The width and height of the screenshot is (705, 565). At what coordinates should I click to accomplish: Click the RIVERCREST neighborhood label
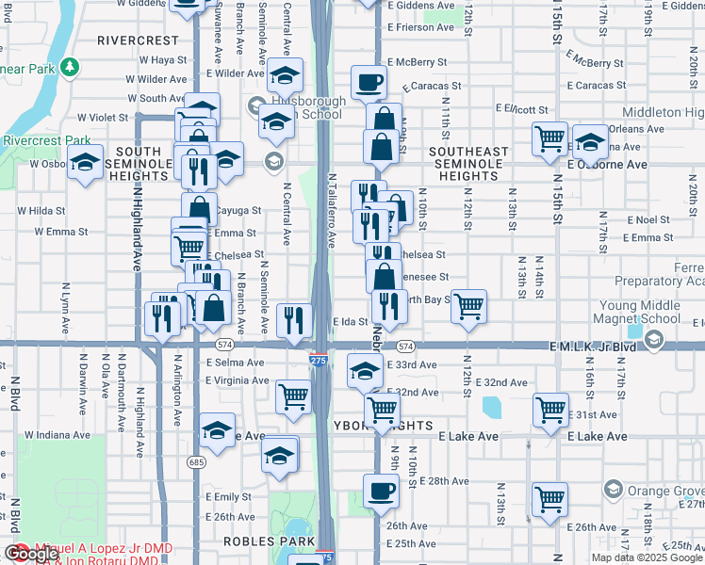click(138, 40)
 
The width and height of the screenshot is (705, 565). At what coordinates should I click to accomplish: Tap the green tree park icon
click(69, 67)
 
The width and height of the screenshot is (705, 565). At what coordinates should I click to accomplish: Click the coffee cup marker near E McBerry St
click(369, 82)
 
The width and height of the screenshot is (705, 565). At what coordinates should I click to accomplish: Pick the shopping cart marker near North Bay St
click(468, 306)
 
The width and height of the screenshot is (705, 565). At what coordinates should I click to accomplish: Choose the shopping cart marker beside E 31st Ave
click(550, 410)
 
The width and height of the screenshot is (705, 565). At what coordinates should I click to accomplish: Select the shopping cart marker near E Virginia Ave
click(293, 396)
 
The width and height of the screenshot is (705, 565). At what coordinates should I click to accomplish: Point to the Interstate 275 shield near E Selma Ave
click(319, 361)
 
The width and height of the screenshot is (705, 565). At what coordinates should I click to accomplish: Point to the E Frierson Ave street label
click(422, 27)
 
